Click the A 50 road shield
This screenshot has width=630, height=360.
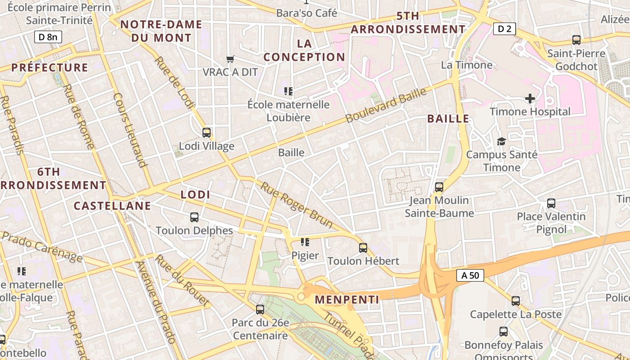coord(470,275)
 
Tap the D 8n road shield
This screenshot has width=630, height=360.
coord(48,37)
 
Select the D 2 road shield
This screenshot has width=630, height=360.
coord(504,29)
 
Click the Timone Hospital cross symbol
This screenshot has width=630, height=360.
coord(530,98)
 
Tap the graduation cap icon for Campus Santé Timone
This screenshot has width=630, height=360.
coord(501,142)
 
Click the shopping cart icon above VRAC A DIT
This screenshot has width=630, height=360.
coord(230,59)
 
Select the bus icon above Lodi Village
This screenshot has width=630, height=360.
coord(207,133)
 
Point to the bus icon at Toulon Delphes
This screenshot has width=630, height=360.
coord(194,217)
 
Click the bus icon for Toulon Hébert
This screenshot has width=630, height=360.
coord(363,247)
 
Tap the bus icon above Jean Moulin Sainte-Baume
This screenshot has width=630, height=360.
coord(439,187)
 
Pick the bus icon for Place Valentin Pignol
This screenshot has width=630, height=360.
coord(551,203)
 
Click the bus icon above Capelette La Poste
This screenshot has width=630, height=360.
coord(516,301)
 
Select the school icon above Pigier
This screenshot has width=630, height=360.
coord(305,242)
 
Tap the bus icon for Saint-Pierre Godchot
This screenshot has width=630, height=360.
coord(576,40)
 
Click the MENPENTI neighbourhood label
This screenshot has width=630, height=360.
coord(347,300)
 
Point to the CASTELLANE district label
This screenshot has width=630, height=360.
coord(112,206)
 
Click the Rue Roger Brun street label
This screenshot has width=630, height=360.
coord(297,205)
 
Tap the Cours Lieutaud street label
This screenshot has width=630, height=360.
coord(130,130)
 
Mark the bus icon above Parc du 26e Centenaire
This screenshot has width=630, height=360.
coord(260,310)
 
